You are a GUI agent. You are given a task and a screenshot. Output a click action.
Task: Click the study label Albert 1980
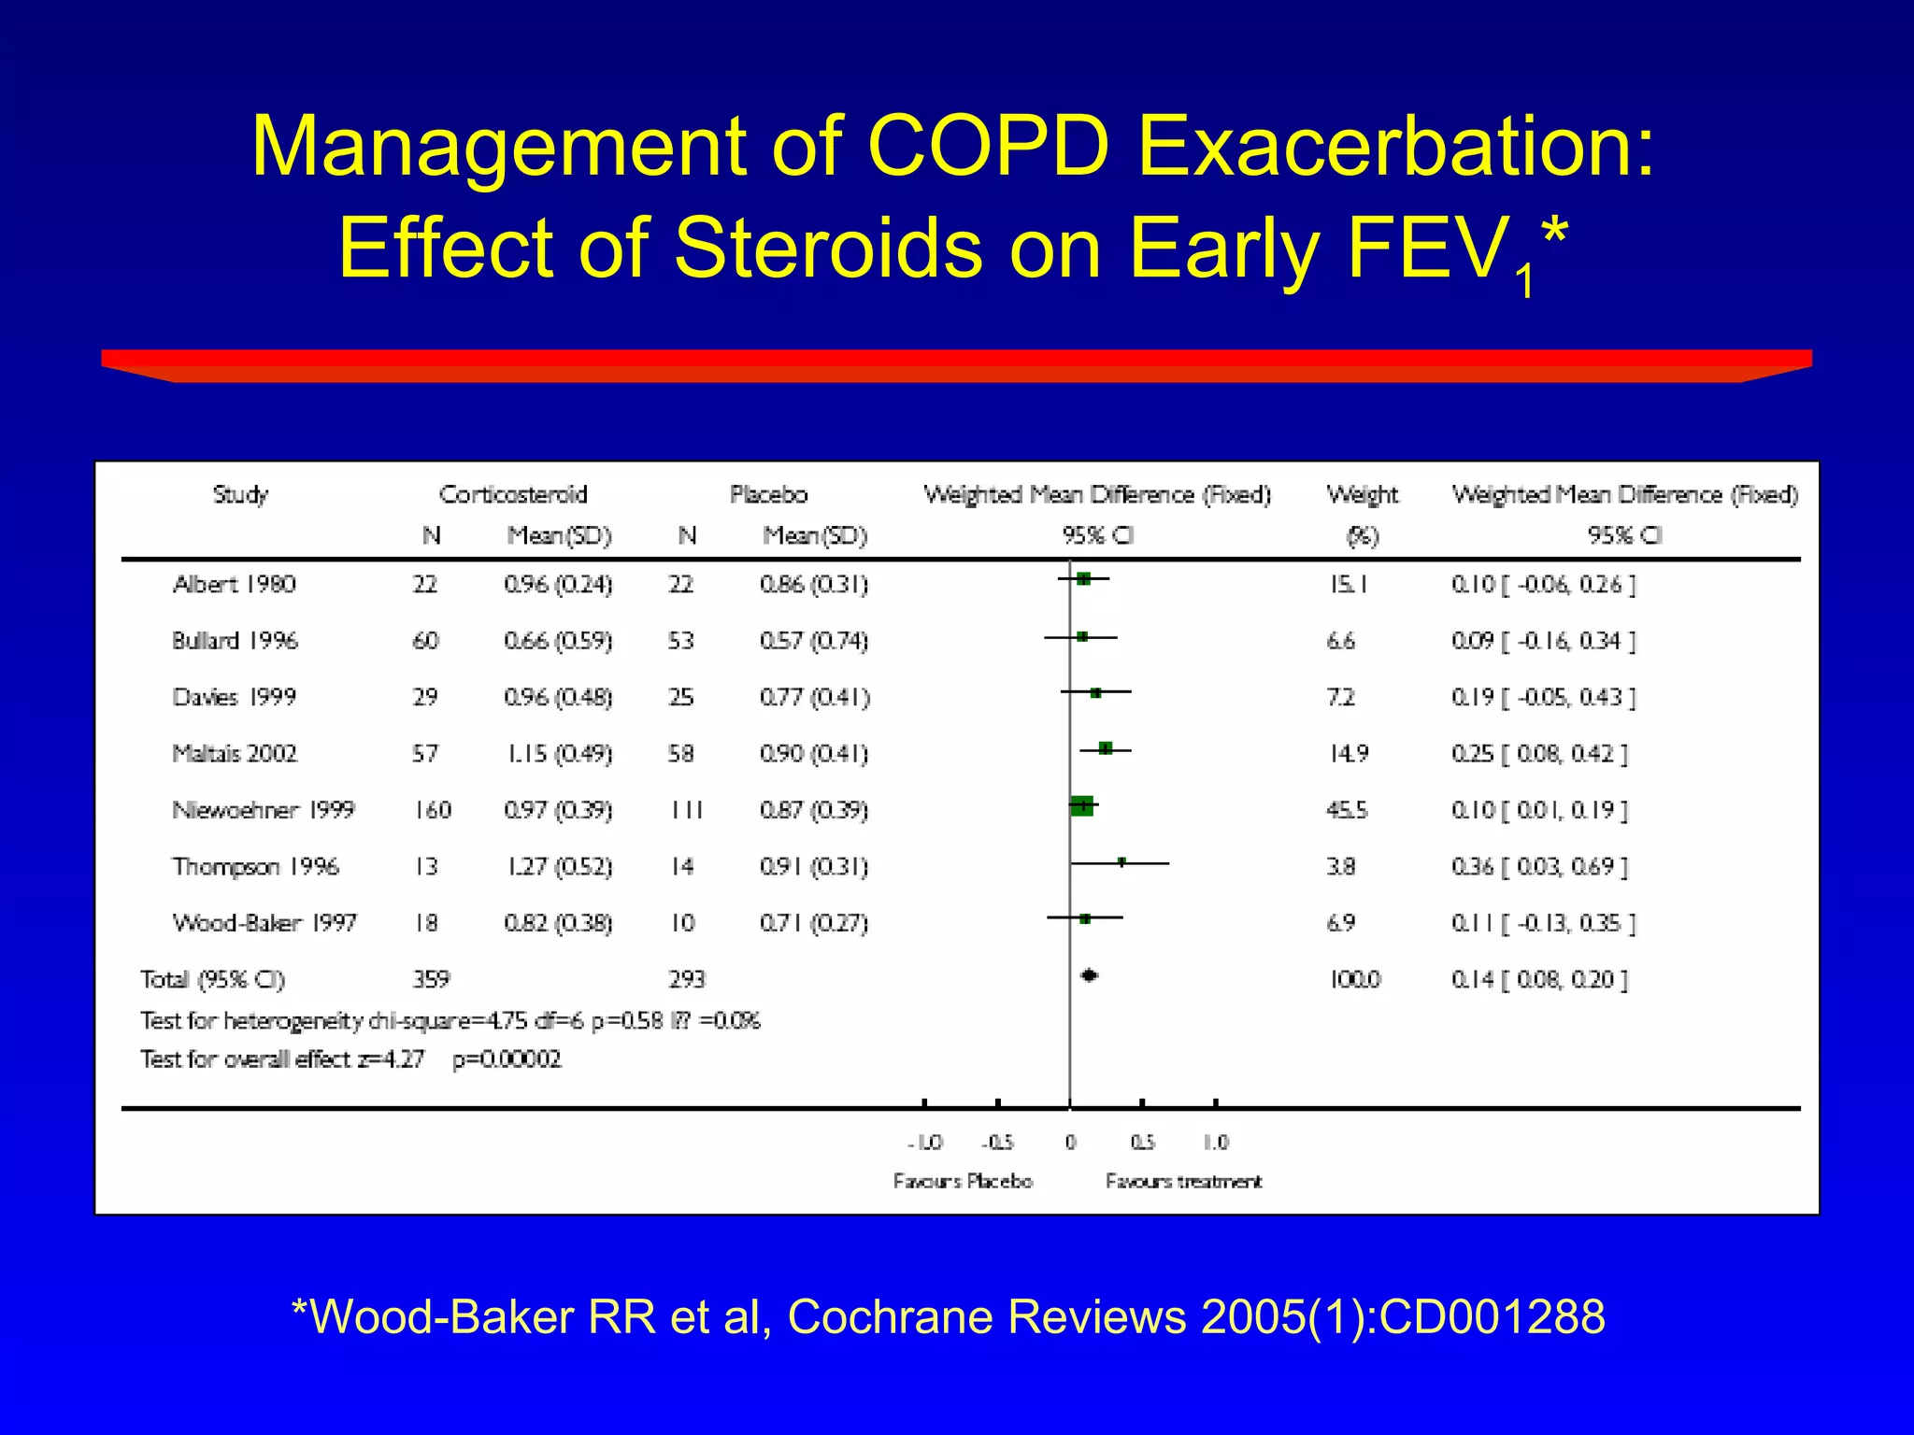[x=234, y=585]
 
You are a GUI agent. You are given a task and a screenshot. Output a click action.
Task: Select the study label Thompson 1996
[x=255, y=867]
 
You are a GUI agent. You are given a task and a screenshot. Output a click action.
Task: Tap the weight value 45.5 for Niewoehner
[x=1346, y=810]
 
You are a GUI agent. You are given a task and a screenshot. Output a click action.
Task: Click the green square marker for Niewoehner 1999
[x=1081, y=804]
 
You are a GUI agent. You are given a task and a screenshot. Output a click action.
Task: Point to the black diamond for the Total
[x=1089, y=975]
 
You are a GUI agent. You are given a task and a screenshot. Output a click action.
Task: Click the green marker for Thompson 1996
[x=1121, y=862]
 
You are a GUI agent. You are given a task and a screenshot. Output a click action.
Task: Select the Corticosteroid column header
[x=512, y=494]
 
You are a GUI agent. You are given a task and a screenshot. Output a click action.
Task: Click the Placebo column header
[x=768, y=494]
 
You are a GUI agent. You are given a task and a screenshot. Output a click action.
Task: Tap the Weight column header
[x=1362, y=494]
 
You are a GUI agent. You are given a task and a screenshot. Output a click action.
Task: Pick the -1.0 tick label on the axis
[x=925, y=1143]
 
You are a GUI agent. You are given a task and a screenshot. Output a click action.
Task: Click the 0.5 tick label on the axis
[x=1142, y=1143]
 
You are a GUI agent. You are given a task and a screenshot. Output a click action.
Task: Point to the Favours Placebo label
[x=963, y=1182]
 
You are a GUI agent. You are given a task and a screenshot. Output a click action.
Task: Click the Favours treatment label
[x=1183, y=1182]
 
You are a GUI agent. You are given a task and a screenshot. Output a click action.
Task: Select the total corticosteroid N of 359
[x=431, y=979]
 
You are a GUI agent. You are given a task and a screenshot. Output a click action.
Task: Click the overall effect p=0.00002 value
[x=507, y=1059]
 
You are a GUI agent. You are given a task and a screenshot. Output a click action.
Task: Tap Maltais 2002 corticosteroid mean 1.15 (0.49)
[x=559, y=754]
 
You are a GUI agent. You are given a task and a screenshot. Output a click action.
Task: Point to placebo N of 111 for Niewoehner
[x=686, y=810]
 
